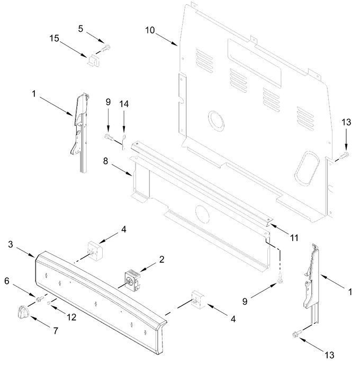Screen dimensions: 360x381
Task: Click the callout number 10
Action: point(150,30)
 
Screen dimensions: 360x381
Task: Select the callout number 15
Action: point(54,38)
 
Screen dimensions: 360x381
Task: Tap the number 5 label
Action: point(80,29)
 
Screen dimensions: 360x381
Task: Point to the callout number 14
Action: point(124,104)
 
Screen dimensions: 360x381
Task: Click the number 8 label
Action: point(105,161)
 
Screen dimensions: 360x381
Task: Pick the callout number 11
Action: point(294,237)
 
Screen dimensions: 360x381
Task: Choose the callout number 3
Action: point(10,244)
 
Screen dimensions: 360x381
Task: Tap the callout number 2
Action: point(161,259)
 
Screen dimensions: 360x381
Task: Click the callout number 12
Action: point(71,317)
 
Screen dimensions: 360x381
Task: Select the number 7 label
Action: point(56,331)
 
